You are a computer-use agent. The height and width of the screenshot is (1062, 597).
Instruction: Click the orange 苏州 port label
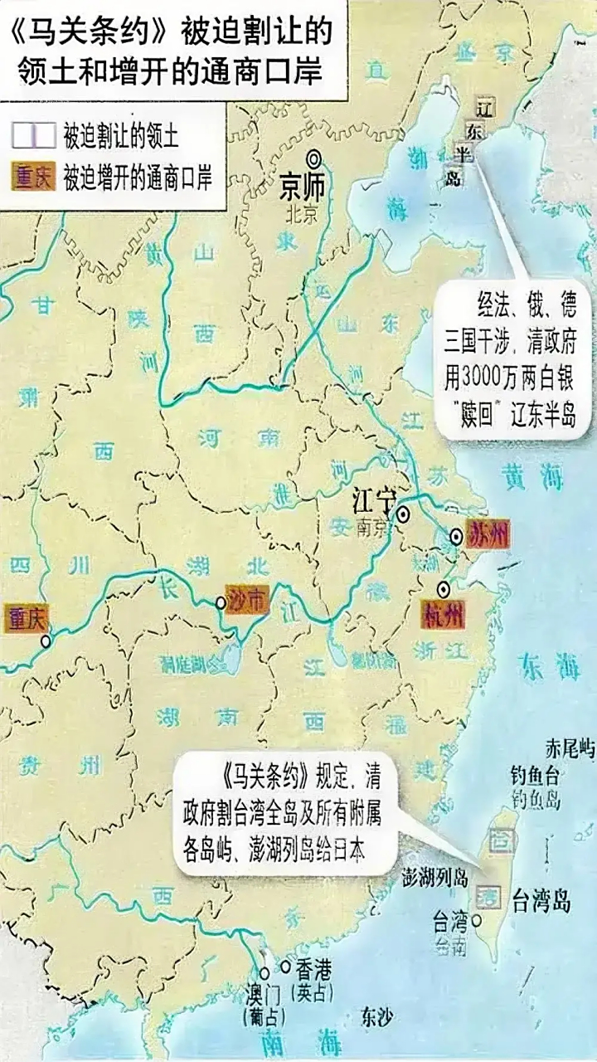486,532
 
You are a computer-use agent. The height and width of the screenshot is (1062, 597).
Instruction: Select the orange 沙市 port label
248,601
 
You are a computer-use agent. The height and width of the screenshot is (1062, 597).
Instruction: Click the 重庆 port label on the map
27,618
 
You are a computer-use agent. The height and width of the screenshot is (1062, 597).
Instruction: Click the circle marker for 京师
314,159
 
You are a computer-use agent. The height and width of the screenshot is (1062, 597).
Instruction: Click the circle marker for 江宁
403,514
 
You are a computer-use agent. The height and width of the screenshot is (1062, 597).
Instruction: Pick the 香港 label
314,967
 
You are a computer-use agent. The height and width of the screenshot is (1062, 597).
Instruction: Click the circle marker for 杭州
444,588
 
